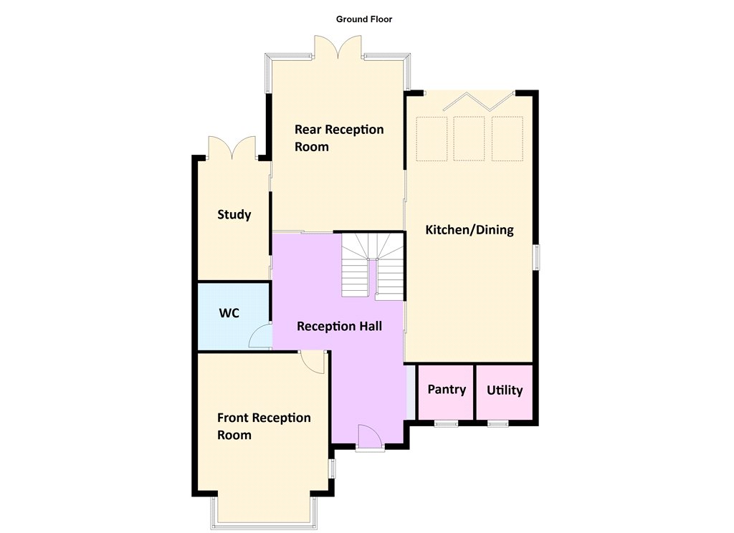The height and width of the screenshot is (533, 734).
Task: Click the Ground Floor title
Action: click(x=363, y=19)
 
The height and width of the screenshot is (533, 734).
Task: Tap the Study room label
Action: click(x=234, y=215)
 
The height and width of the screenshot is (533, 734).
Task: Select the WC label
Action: click(x=229, y=313)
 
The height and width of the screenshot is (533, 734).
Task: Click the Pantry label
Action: click(x=447, y=389)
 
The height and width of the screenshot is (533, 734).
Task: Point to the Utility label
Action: click(x=505, y=390)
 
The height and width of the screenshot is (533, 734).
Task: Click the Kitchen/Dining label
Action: click(x=469, y=230)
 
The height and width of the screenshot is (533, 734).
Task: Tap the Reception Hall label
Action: click(x=339, y=326)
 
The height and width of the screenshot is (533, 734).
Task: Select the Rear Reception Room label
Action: click(x=339, y=138)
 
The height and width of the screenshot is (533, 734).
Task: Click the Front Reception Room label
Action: click(x=264, y=426)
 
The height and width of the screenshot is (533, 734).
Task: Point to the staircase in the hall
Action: click(x=373, y=266)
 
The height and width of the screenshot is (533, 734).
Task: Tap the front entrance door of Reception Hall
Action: click(x=370, y=437)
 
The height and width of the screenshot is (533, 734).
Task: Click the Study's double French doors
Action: click(x=232, y=148)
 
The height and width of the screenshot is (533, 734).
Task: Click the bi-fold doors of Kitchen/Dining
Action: click(x=478, y=102)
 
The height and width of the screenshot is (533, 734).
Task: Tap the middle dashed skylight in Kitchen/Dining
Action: click(x=469, y=138)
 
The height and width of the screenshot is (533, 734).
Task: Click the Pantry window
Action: click(x=446, y=424)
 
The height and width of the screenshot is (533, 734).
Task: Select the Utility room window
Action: click(x=498, y=424)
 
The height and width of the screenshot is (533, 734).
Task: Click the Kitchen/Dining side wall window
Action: click(x=536, y=257)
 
